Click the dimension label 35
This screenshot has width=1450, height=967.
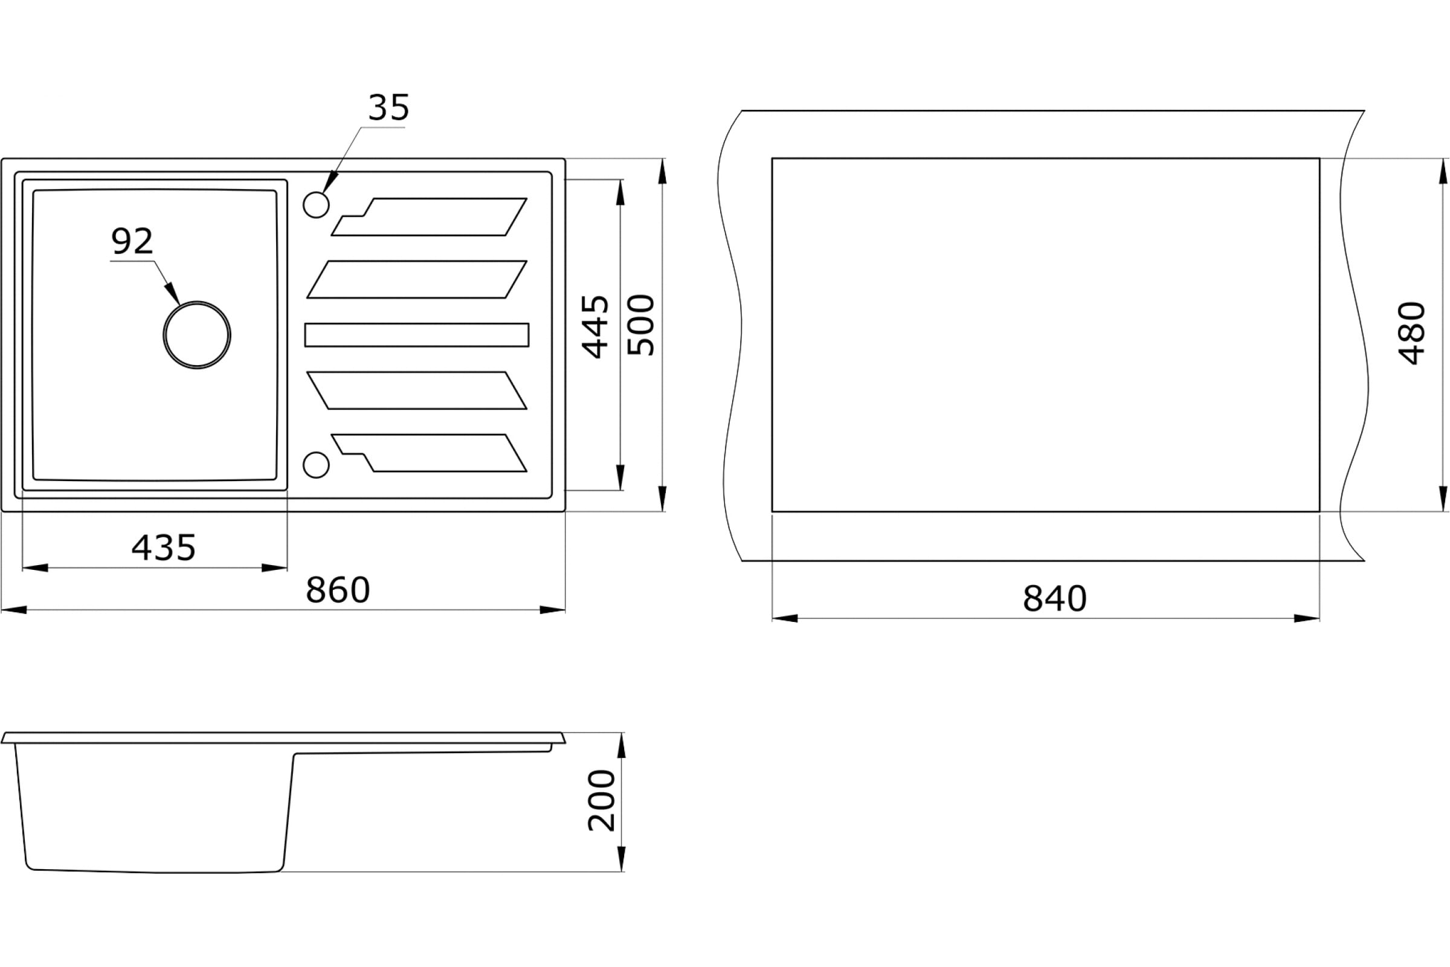click(388, 108)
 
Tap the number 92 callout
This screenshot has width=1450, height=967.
click(132, 241)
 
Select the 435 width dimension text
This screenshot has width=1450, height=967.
click(163, 548)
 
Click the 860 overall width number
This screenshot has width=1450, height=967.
click(338, 590)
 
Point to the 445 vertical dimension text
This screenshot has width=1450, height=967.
click(596, 327)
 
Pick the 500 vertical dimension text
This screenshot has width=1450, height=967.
click(640, 325)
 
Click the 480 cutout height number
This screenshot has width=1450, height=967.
click(1412, 334)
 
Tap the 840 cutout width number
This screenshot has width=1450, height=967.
click(1055, 599)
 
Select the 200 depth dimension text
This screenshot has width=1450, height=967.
click(602, 800)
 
